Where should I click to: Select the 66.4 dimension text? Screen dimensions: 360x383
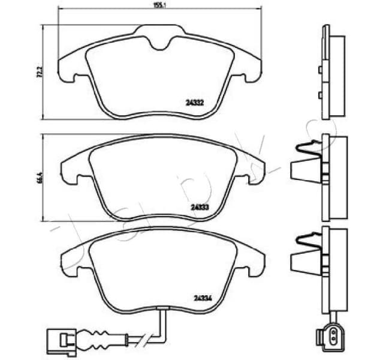pyautogui.click(x=40, y=178)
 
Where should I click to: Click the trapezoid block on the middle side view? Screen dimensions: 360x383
pyautogui.click(x=304, y=173)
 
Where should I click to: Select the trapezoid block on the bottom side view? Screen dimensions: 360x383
pyautogui.click(x=304, y=262)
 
